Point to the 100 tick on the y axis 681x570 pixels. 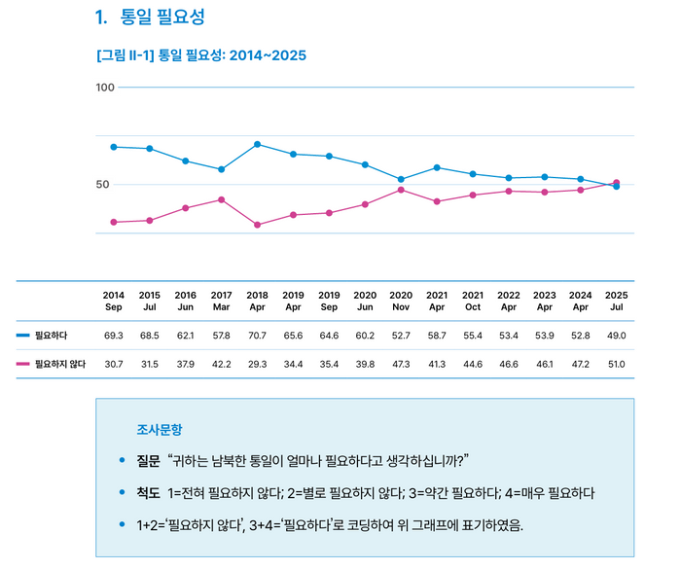point(105,88)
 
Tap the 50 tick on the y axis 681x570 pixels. point(106,184)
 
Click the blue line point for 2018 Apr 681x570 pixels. point(257,144)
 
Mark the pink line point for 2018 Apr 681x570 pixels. point(257,225)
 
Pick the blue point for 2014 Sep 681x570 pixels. point(114,147)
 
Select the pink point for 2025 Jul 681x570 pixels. point(616,182)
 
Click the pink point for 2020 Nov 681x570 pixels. point(401,190)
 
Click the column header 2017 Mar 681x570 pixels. point(221,301)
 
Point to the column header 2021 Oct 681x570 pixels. point(472,301)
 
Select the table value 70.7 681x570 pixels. point(257,336)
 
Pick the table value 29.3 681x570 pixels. point(257,364)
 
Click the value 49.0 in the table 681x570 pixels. point(616,336)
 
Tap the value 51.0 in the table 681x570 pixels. point(616,364)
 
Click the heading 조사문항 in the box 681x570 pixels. point(160,429)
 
